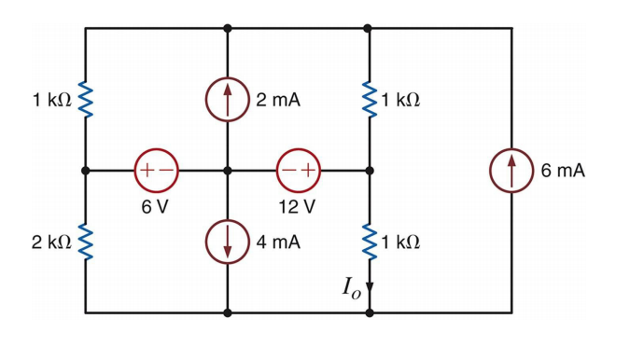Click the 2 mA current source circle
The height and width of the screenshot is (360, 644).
pyautogui.click(x=228, y=100)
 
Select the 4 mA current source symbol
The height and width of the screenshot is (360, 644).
pyautogui.click(x=228, y=242)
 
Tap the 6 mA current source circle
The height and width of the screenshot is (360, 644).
pyautogui.click(x=511, y=171)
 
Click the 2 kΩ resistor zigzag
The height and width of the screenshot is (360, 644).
pyautogui.click(x=86, y=242)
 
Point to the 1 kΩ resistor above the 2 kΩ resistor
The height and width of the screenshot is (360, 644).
pyautogui.click(x=86, y=100)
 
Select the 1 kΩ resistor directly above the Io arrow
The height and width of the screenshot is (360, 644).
pyautogui.click(x=370, y=242)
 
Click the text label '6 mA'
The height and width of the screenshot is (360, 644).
pyautogui.click(x=563, y=171)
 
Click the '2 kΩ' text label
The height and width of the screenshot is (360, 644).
pyautogui.click(x=50, y=242)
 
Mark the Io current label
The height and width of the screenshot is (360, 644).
pyautogui.click(x=351, y=287)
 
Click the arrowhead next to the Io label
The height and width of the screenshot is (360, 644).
pyautogui.click(x=370, y=287)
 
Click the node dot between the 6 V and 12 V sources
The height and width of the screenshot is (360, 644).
pyautogui.click(x=228, y=171)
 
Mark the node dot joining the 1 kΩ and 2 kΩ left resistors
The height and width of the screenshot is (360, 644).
pyautogui.click(x=86, y=171)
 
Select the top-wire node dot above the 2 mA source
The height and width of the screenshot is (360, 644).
pyautogui.click(x=228, y=28)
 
